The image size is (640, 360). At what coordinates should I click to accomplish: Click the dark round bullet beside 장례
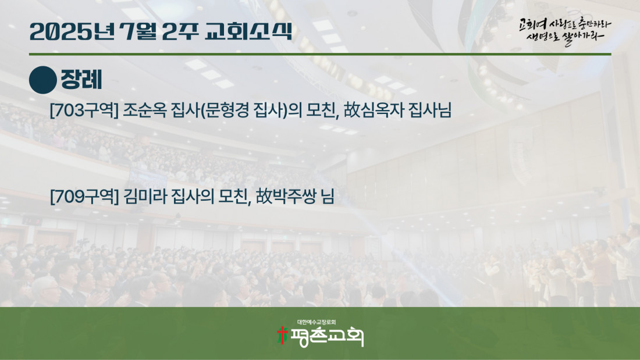pos(43,80)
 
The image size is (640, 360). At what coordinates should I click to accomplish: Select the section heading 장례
pos(81,80)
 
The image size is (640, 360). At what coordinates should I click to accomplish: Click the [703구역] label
pos(84,110)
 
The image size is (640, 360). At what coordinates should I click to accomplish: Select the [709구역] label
pos(84,197)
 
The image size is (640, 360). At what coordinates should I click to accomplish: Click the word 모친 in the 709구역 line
pos(234,197)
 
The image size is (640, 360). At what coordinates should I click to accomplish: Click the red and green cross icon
pos(282,336)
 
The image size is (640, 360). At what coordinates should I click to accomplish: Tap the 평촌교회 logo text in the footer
pos(327,337)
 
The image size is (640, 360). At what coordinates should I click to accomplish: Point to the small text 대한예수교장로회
pos(317,322)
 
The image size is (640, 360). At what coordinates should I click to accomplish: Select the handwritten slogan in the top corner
pos(565,31)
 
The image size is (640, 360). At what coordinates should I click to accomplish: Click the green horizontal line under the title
pos(320,54)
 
